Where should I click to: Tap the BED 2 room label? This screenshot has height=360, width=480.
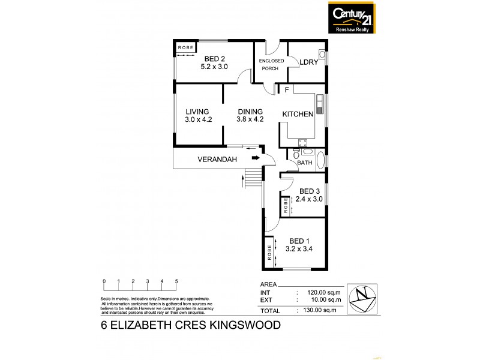click(214, 58)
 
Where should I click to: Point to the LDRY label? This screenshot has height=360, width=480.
click(308, 62)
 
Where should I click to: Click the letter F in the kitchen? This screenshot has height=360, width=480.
click(287, 90)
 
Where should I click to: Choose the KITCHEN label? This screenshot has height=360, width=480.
click(298, 115)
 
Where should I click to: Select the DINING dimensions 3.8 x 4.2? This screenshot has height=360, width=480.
click(250, 119)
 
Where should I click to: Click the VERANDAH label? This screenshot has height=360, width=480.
click(218, 160)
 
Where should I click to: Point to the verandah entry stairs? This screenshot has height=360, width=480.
click(254, 177)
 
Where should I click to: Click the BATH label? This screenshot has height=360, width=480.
click(305, 163)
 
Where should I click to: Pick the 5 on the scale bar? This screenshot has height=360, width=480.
click(176, 281)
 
